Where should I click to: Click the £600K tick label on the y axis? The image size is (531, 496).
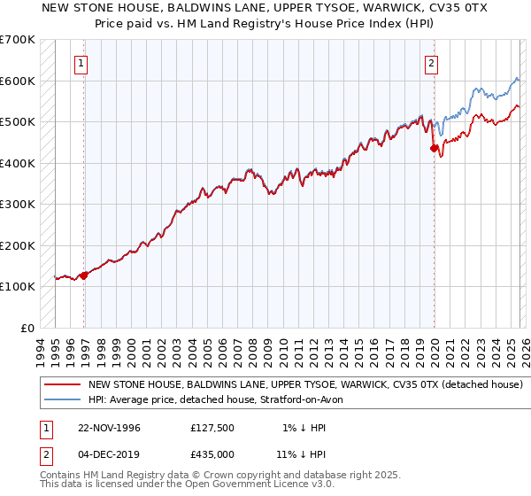point(18,81)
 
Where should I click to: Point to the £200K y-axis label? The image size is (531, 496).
point(18,245)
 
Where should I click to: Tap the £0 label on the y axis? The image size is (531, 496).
point(27,328)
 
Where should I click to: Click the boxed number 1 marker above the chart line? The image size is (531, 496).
point(81,63)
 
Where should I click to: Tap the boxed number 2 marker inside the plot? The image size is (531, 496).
point(431,63)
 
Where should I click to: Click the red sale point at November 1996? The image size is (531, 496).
point(84,275)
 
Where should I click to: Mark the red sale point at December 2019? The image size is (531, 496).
point(435,149)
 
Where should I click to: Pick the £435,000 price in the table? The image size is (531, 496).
point(212,453)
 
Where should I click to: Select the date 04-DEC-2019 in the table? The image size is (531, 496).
point(109,453)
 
